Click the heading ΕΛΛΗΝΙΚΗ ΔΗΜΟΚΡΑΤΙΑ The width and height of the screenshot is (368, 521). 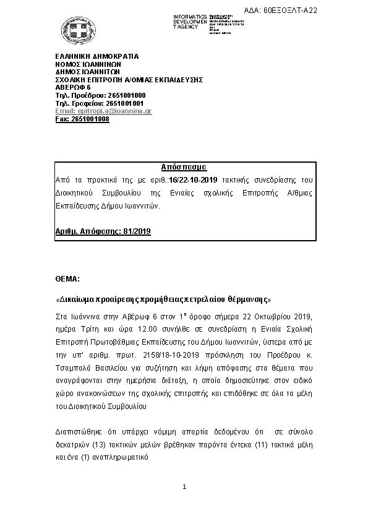click(x=97, y=56)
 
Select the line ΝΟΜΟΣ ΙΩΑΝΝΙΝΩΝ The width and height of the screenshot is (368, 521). click(x=88, y=64)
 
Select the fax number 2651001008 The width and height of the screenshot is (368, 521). click(x=90, y=119)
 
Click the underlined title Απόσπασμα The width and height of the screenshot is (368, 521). click(x=184, y=168)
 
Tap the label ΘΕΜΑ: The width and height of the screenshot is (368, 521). click(x=67, y=279)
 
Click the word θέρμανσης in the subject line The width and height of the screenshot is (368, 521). click(x=247, y=299)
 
